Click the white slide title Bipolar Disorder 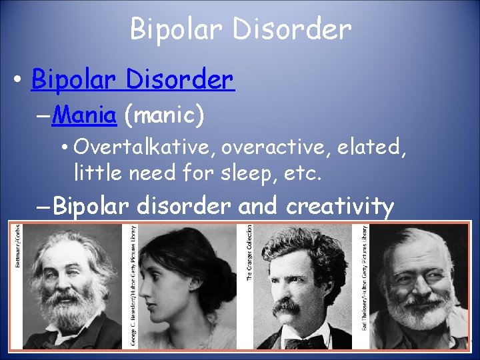(240, 29)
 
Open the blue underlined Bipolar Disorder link (132, 80)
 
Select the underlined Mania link (85, 116)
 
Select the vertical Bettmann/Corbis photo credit (18, 245)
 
